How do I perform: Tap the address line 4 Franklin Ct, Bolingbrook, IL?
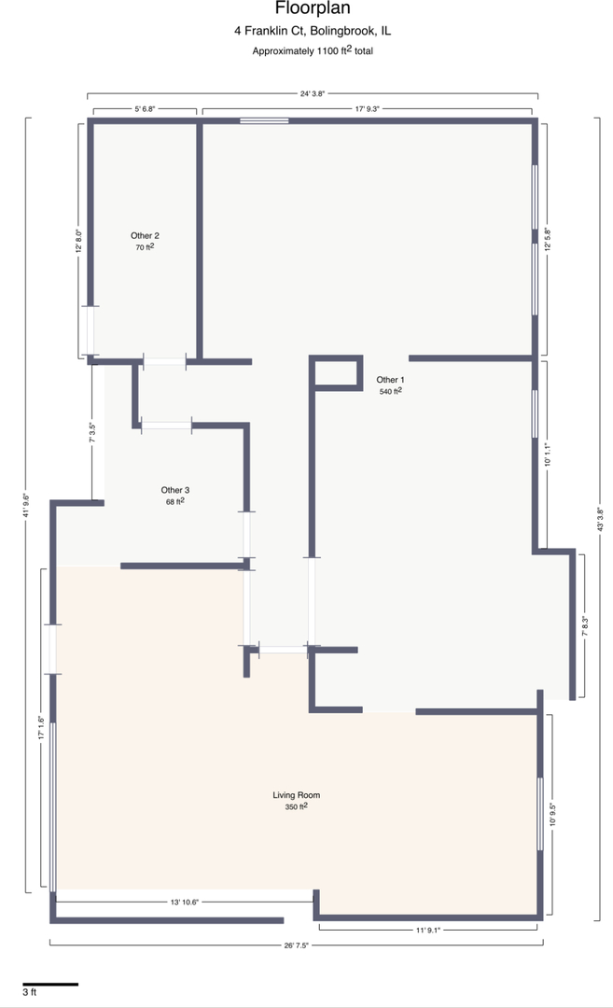click(x=313, y=31)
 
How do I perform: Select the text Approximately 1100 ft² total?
click(x=313, y=51)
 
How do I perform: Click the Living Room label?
click(x=297, y=795)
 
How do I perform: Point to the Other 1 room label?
click(x=390, y=380)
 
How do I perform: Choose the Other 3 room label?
click(x=175, y=490)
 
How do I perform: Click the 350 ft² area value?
click(x=297, y=807)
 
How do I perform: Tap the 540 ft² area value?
click(x=390, y=392)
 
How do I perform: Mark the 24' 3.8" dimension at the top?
click(x=313, y=93)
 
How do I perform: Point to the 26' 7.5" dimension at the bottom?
click(x=295, y=945)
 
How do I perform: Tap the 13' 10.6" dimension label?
click(x=185, y=903)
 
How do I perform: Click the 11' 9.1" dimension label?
click(x=428, y=930)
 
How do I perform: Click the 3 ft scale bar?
click(x=49, y=984)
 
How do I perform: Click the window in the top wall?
click(x=264, y=120)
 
